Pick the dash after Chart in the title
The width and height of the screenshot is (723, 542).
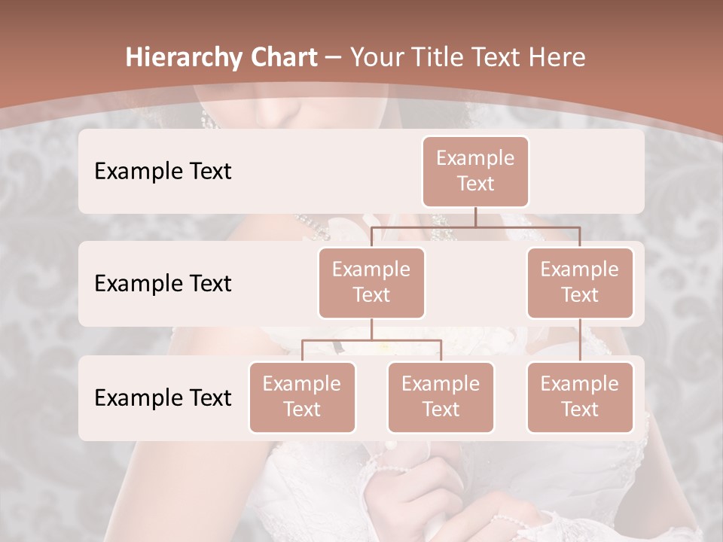coord(332,59)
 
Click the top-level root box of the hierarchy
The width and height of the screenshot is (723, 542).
coord(475,172)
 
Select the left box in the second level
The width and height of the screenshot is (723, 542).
coord(371,283)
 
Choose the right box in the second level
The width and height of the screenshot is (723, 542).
coord(580,283)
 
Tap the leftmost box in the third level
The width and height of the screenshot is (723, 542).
coord(302,397)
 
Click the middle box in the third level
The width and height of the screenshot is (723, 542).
coord(441,397)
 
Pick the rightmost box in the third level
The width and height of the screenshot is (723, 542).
coord(580,397)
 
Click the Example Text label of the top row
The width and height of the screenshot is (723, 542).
coord(163,172)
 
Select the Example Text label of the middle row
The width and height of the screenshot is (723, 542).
coord(163,284)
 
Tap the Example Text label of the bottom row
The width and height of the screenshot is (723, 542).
coord(163,398)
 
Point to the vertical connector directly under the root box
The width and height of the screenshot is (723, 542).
coord(475,217)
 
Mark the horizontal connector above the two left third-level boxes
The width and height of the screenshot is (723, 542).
coord(371,340)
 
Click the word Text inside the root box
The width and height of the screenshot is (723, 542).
coord(475,184)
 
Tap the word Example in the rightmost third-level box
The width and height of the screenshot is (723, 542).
coord(580,385)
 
